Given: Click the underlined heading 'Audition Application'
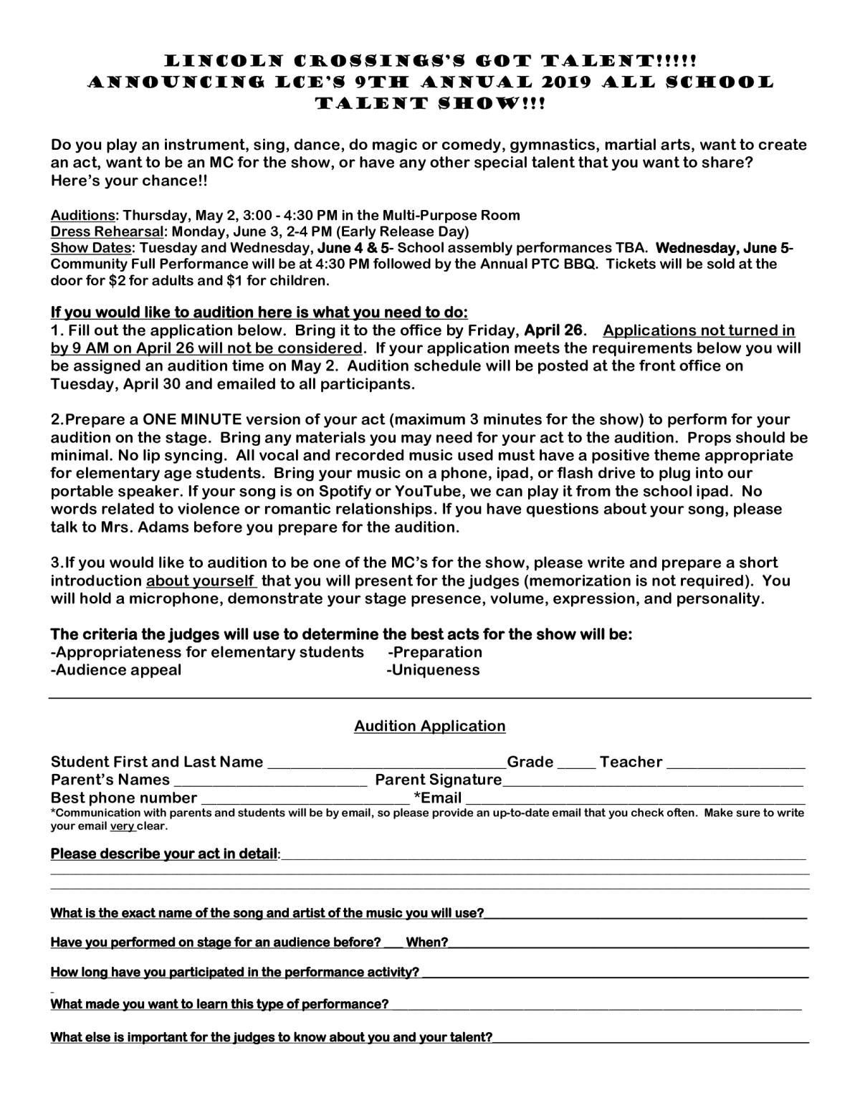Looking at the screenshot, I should click(429, 726).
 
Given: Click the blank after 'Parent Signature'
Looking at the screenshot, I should click(652, 780).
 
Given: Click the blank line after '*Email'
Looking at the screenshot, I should click(636, 798).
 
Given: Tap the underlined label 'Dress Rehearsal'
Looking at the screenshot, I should click(108, 231).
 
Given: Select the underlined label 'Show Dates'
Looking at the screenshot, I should click(91, 248).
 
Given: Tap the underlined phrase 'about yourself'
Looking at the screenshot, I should click(200, 581).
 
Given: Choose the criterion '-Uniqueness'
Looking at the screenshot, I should click(433, 670).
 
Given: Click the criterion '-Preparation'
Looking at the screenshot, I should click(435, 652).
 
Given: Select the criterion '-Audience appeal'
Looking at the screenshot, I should click(116, 670).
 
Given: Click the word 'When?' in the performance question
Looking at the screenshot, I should click(427, 942).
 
